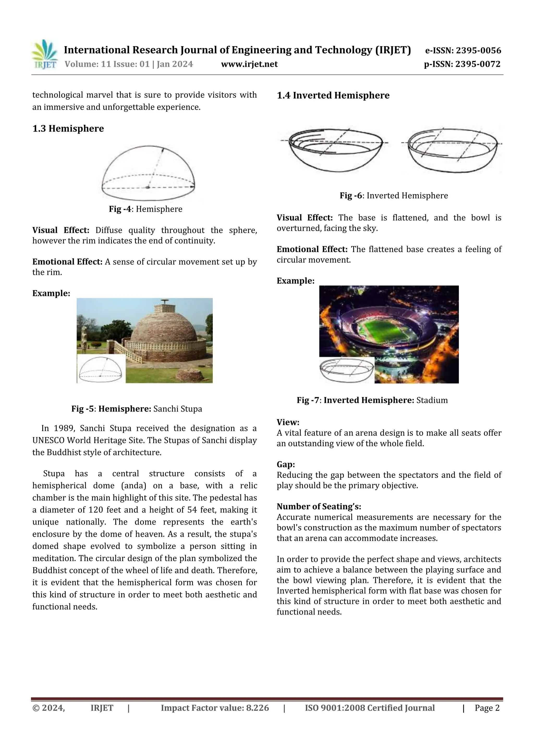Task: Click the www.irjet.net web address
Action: click(249, 64)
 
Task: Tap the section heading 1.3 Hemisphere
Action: click(68, 128)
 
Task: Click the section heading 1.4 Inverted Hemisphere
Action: click(333, 96)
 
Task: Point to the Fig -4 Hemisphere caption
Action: click(145, 209)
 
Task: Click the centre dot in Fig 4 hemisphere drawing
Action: click(148, 187)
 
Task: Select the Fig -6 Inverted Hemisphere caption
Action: click(393, 195)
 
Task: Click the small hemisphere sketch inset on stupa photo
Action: click(101, 369)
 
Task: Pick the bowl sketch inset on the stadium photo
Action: click(347, 370)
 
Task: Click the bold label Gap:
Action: click(286, 464)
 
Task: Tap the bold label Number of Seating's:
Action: click(318, 507)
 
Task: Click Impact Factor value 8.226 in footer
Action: click(215, 708)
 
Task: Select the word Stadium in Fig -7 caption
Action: click(432, 400)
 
